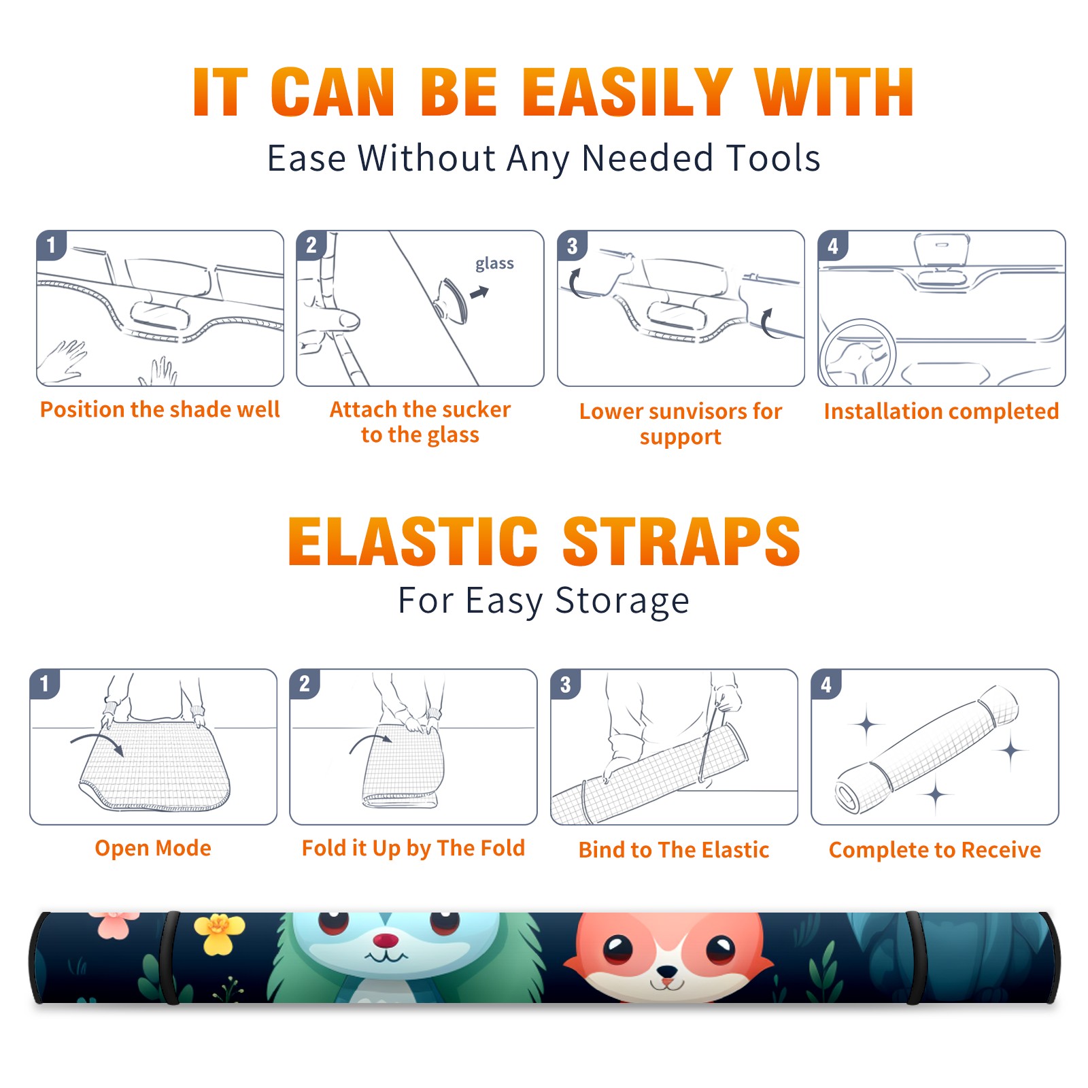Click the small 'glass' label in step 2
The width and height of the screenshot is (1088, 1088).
point(494,264)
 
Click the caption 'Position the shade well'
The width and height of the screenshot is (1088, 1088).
point(160,409)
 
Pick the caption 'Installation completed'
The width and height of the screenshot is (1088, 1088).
point(941,411)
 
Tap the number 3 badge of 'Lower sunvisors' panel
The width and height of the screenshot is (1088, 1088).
point(572,246)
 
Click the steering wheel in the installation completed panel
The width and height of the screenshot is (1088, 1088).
point(857,352)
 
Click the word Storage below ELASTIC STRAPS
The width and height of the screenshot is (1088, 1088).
point(622,601)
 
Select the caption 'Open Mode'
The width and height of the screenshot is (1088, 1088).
point(153,848)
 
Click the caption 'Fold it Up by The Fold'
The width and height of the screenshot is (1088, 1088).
point(413,848)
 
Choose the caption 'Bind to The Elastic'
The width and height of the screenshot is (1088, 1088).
point(674,850)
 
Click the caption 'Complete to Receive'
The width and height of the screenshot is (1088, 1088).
point(935,850)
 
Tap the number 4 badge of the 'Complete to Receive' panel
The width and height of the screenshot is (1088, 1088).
point(826,684)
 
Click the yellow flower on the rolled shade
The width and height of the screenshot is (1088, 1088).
point(219,933)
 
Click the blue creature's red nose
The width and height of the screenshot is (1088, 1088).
point(386,940)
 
